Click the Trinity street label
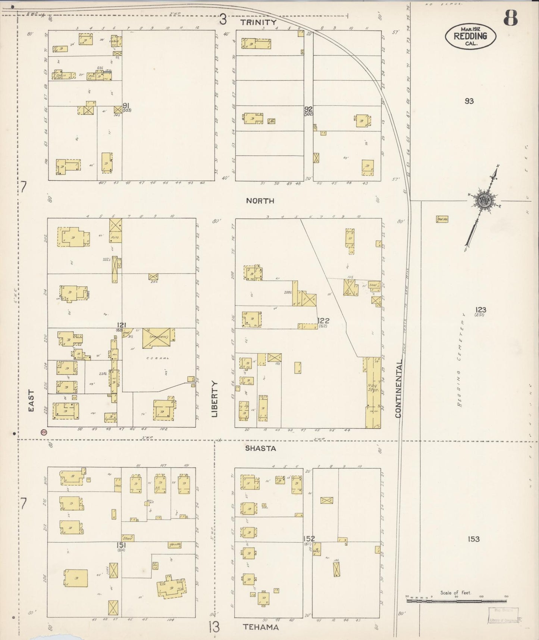(x=258, y=22)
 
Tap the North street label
(x=260, y=201)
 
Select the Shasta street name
(x=260, y=448)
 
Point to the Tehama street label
(x=261, y=627)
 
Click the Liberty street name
(x=214, y=399)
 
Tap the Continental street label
(x=398, y=389)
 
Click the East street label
(x=31, y=401)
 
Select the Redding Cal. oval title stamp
(x=470, y=36)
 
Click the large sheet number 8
(x=510, y=18)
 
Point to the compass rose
(x=483, y=201)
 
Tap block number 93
(x=469, y=101)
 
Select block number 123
(x=480, y=310)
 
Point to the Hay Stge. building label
(x=373, y=387)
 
